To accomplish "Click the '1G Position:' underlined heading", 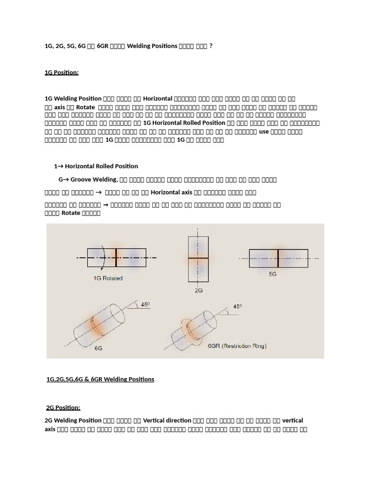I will pos(61,72).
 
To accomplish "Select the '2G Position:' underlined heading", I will pos(63,407).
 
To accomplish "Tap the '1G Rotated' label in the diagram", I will pos(109,278).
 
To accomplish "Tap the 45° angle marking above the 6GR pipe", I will pos(237,306).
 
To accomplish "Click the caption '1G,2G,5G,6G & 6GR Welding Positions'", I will pos(100,379).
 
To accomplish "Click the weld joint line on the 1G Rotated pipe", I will pos(116,257).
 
